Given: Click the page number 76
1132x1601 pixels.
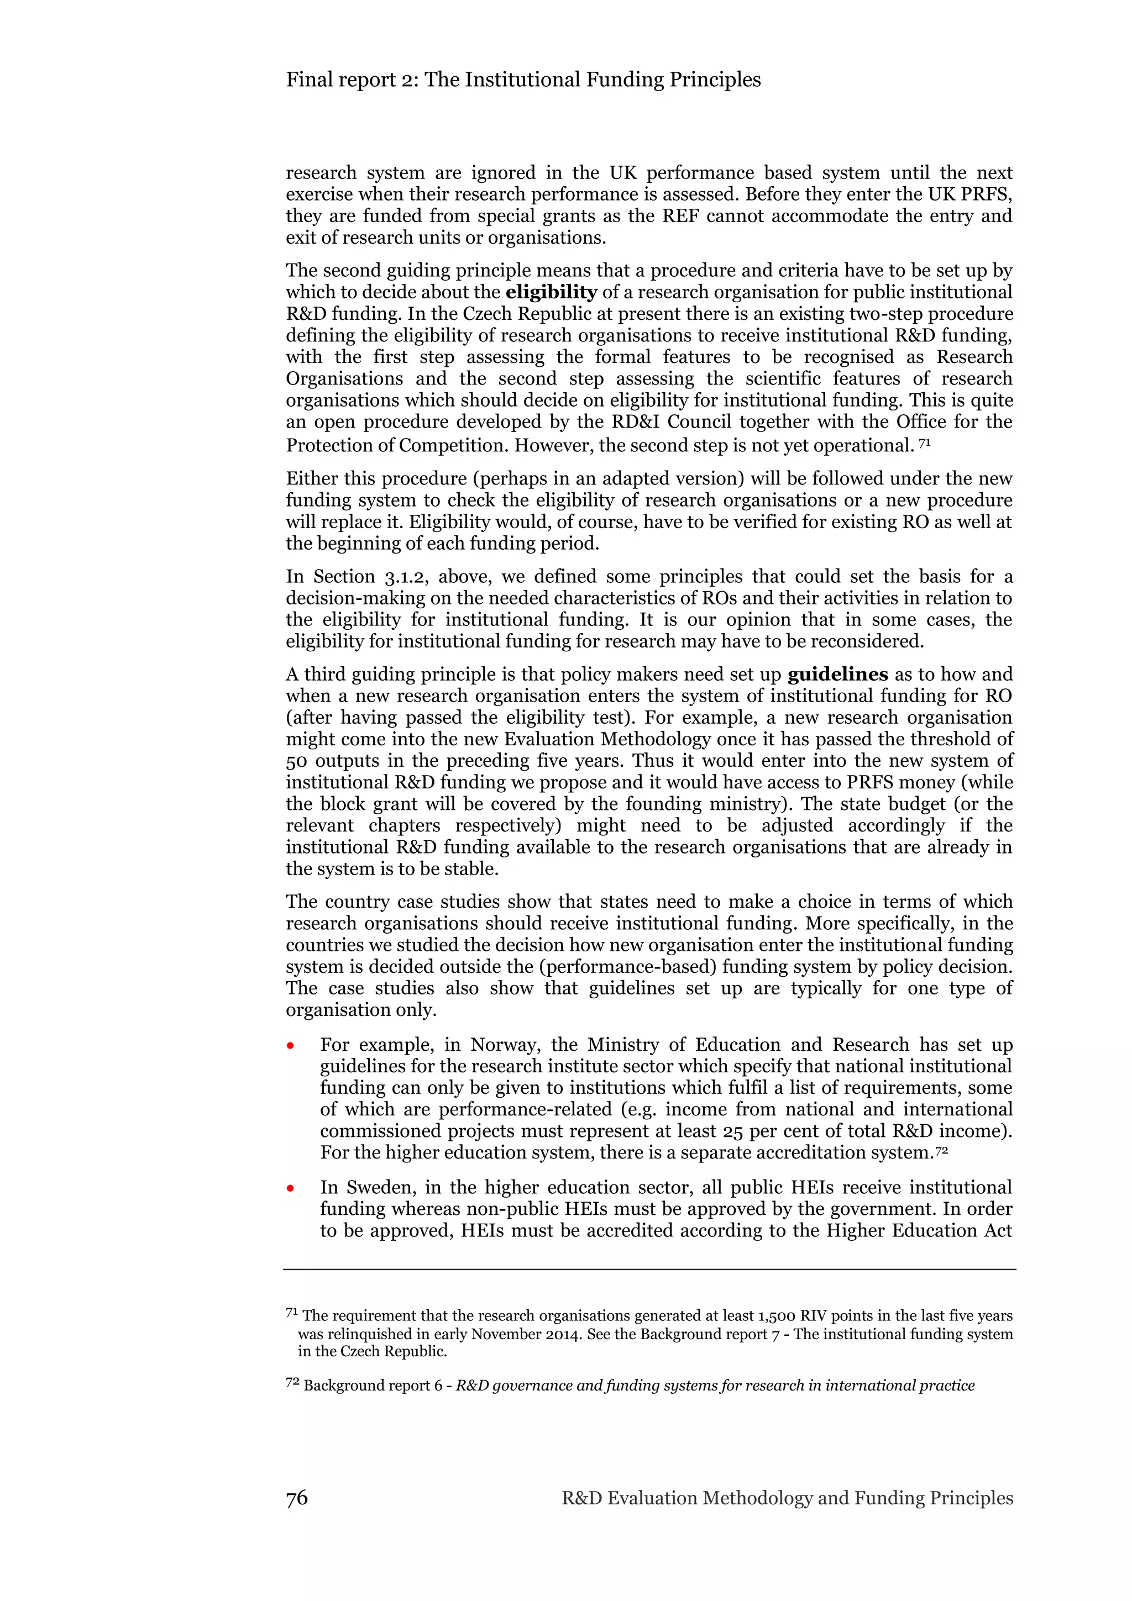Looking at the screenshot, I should tap(296, 1498).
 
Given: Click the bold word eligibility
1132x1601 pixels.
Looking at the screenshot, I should tap(551, 292).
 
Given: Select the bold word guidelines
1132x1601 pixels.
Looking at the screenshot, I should tap(837, 675).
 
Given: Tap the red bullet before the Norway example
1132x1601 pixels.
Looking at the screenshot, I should tap(290, 1046).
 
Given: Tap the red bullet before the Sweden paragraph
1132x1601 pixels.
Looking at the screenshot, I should tap(290, 1188).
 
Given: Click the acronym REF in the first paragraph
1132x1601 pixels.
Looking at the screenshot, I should tap(681, 216).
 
